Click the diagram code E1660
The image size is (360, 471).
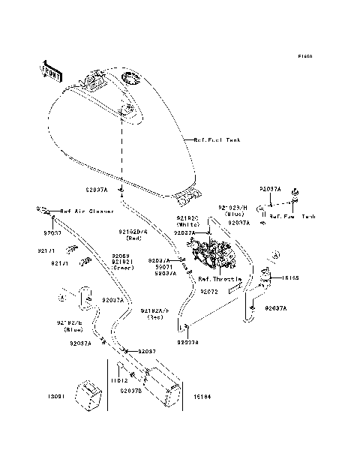[x=304, y=56]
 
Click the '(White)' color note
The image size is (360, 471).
[x=187, y=225]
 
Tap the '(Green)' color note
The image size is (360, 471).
[x=122, y=267]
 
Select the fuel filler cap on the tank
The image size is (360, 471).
[x=130, y=77]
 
